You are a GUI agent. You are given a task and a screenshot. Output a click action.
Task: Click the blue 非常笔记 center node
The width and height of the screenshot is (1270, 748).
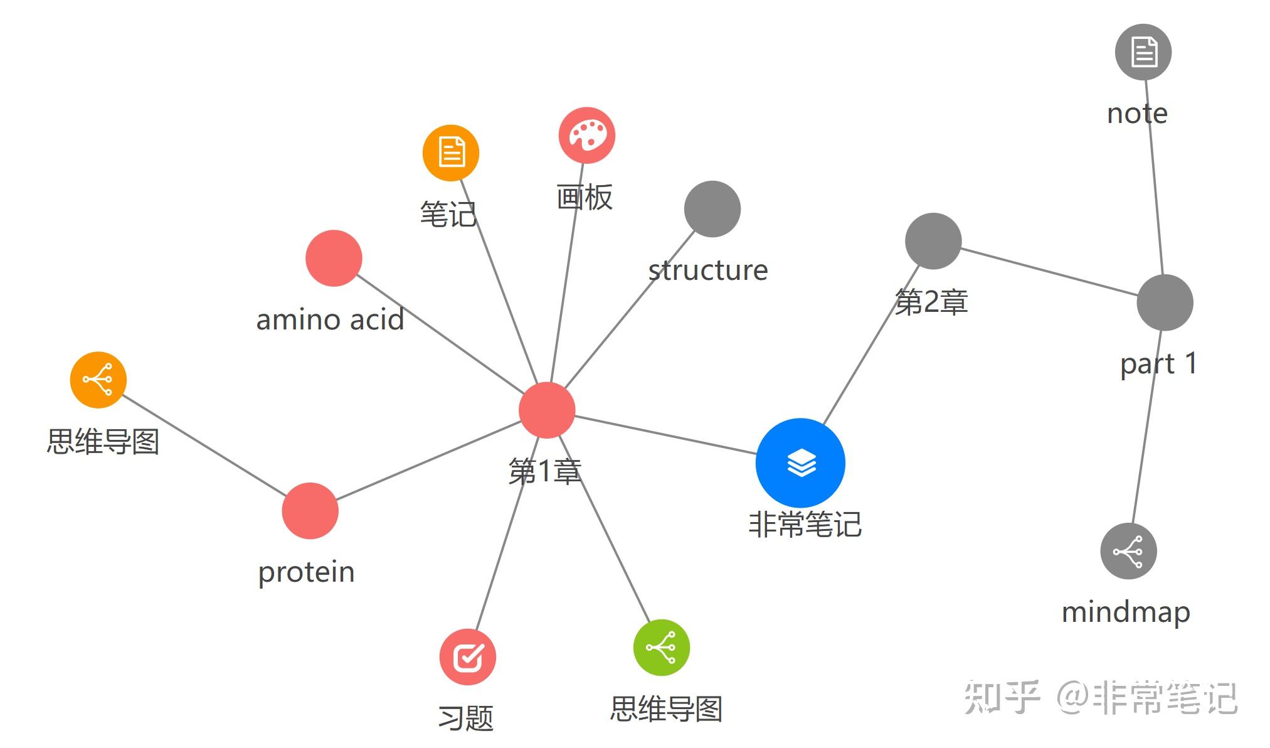(x=800, y=463)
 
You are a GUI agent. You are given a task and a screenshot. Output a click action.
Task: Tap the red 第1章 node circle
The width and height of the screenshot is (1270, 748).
(x=547, y=410)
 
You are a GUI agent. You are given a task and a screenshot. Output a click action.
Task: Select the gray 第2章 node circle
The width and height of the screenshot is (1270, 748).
(x=933, y=241)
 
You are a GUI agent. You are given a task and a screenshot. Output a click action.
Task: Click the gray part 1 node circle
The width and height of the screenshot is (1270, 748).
(x=1165, y=302)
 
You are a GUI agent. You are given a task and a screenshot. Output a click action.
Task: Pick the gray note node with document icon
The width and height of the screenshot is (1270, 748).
(x=1143, y=52)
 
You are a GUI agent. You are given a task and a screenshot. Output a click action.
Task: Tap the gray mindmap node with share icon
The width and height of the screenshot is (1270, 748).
(x=1128, y=551)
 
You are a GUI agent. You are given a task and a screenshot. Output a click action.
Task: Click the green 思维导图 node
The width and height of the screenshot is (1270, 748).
(x=662, y=647)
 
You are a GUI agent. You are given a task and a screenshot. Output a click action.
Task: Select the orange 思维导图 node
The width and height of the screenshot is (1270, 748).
(x=98, y=380)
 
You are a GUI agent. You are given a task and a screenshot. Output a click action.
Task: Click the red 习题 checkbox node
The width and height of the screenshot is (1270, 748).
(x=468, y=657)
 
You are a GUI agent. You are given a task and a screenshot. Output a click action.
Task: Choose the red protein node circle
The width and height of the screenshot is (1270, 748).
(x=310, y=511)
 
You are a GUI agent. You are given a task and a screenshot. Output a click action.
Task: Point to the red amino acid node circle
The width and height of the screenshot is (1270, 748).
(x=334, y=258)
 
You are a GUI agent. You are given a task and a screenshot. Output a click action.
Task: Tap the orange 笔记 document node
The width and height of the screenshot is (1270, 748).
(x=451, y=152)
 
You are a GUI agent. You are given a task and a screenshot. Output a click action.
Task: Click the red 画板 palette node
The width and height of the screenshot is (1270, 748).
(x=587, y=135)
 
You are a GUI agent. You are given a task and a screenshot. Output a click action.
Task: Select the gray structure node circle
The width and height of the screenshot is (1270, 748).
(x=712, y=209)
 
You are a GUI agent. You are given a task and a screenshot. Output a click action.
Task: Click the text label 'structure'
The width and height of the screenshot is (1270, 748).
(x=707, y=270)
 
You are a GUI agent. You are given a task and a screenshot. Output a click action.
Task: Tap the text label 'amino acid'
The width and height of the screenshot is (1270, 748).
(x=330, y=320)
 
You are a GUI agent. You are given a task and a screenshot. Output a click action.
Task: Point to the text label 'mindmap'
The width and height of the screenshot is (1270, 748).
(x=1126, y=612)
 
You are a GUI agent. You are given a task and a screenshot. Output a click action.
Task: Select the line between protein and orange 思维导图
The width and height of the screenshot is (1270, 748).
(x=204, y=446)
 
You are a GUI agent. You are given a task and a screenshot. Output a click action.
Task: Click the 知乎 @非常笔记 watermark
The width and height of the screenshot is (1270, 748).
(x=1101, y=697)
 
